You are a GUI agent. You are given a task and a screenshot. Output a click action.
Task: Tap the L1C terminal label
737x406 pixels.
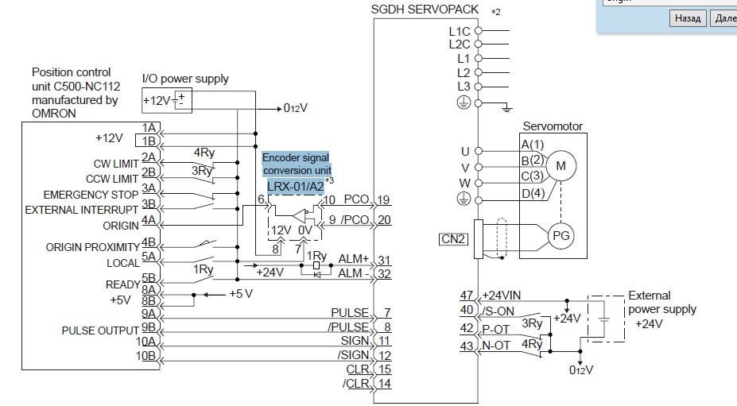tap(460, 31)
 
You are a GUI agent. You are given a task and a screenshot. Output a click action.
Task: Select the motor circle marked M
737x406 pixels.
tap(561, 165)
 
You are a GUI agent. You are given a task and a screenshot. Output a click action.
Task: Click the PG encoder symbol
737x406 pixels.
tap(561, 235)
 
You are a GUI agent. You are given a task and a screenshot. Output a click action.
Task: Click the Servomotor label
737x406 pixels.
tap(553, 126)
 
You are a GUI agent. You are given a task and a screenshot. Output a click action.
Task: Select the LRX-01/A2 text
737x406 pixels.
tap(295, 186)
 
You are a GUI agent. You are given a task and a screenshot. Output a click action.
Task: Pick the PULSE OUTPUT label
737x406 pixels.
tap(93, 331)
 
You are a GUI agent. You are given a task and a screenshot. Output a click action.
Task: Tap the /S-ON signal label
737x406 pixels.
tap(498, 311)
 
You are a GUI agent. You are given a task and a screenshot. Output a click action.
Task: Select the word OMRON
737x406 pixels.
tap(54, 113)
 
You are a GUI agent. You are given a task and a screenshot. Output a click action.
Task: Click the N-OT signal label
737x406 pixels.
tap(497, 346)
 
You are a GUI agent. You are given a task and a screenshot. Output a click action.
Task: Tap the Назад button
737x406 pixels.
tap(688, 18)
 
